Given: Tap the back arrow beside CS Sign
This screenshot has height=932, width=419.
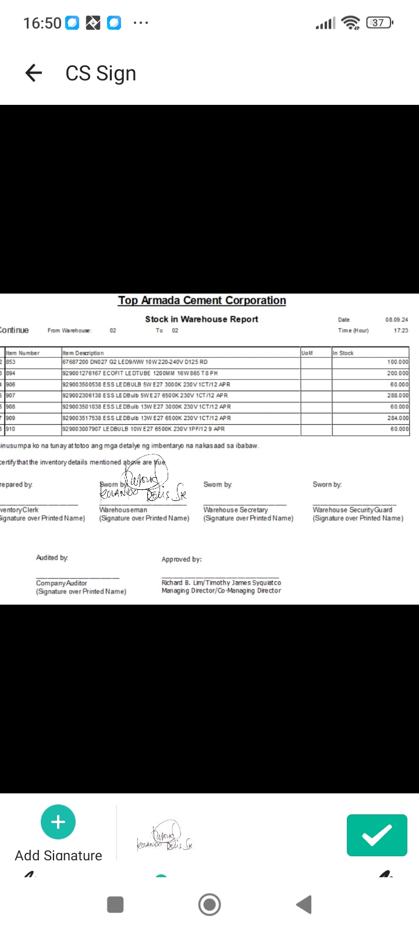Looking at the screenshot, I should click(34, 73).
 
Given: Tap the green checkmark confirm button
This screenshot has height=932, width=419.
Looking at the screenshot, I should click(377, 835).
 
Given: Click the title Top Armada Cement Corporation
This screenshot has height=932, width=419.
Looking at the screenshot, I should click(202, 301).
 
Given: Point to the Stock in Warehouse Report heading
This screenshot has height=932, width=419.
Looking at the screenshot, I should click(201, 319).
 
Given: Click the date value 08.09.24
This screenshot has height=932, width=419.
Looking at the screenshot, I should click(396, 320).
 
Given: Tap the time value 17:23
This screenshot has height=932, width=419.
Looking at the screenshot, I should click(400, 330).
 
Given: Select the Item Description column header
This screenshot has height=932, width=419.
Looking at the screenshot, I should click(83, 353).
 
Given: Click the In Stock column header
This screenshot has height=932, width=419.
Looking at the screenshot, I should click(343, 353).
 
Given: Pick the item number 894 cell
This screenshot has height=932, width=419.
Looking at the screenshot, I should click(11, 373).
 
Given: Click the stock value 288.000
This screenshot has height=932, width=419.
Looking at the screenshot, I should click(398, 396).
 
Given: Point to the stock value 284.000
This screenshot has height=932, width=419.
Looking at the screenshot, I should click(398, 418).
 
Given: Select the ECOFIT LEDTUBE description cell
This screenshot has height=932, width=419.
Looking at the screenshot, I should click(140, 373).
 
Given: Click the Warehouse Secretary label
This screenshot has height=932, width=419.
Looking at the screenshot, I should click(236, 510).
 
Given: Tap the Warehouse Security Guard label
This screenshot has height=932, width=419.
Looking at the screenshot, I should click(352, 510).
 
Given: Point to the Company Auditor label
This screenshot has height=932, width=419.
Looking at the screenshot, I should click(61, 583).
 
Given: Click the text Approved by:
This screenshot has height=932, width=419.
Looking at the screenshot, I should click(182, 559).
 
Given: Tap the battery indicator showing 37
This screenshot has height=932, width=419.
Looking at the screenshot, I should click(379, 23).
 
